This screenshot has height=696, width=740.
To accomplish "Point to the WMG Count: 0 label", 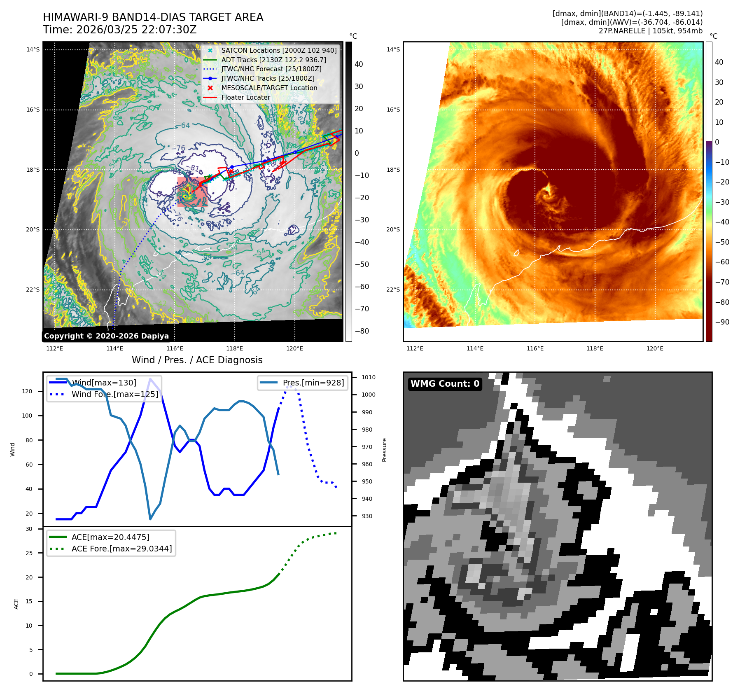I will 445,383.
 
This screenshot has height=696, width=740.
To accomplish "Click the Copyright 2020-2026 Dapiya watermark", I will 106,336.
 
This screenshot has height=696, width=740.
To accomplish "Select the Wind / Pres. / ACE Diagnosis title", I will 197,360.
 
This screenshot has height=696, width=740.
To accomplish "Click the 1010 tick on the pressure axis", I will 369,377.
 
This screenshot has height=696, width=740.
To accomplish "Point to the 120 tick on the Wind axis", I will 27,391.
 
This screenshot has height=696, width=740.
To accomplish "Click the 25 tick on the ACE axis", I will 29,553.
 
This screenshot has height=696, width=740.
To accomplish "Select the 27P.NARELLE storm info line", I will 650,31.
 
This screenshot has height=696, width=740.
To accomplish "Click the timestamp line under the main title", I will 120,30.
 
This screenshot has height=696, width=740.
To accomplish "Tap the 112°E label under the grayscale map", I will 55,348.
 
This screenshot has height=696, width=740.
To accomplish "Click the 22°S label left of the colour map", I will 393,290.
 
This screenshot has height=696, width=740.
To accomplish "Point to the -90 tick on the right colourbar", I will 722,322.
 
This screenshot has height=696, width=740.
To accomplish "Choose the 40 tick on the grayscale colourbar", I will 359,64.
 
